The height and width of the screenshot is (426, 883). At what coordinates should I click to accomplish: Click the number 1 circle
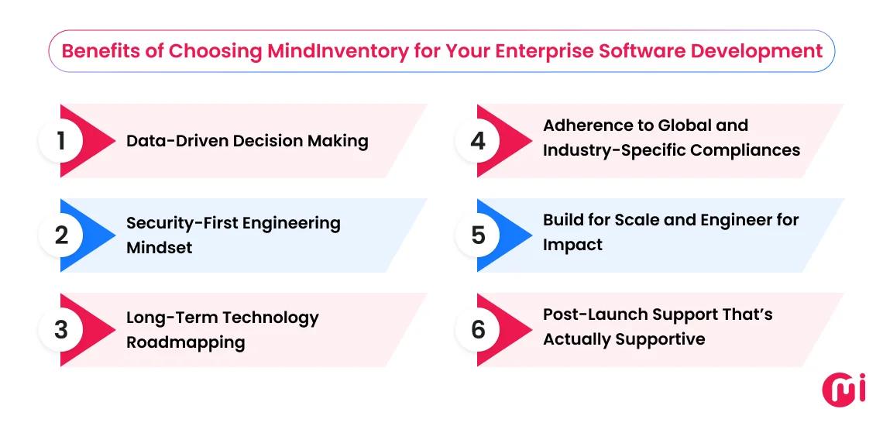(61, 141)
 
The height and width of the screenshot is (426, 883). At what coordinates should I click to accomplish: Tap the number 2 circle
(61, 235)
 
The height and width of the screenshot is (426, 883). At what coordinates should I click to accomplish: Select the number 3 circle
(61, 330)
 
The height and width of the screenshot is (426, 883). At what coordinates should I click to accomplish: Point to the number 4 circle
(478, 141)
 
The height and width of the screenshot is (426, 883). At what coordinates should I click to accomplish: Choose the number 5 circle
(478, 235)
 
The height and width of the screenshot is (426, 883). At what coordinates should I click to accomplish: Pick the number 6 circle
(478, 330)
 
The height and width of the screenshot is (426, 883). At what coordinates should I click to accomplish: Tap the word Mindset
(160, 248)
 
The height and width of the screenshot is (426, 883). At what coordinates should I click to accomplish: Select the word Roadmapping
(186, 342)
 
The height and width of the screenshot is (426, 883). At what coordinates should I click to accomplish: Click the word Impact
(572, 245)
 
